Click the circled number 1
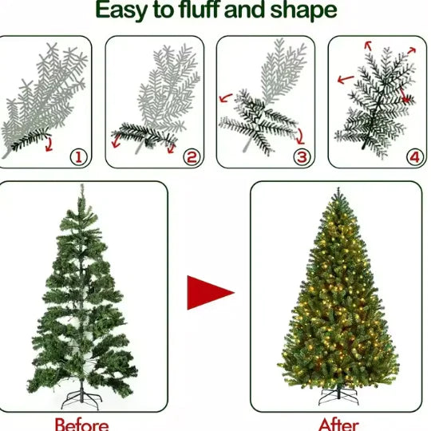(x=79, y=157)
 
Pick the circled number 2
(x=190, y=157)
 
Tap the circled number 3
(x=301, y=157)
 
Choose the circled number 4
(x=413, y=157)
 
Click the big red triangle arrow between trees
(x=209, y=292)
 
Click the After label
(x=338, y=423)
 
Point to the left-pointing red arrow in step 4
(x=346, y=79)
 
